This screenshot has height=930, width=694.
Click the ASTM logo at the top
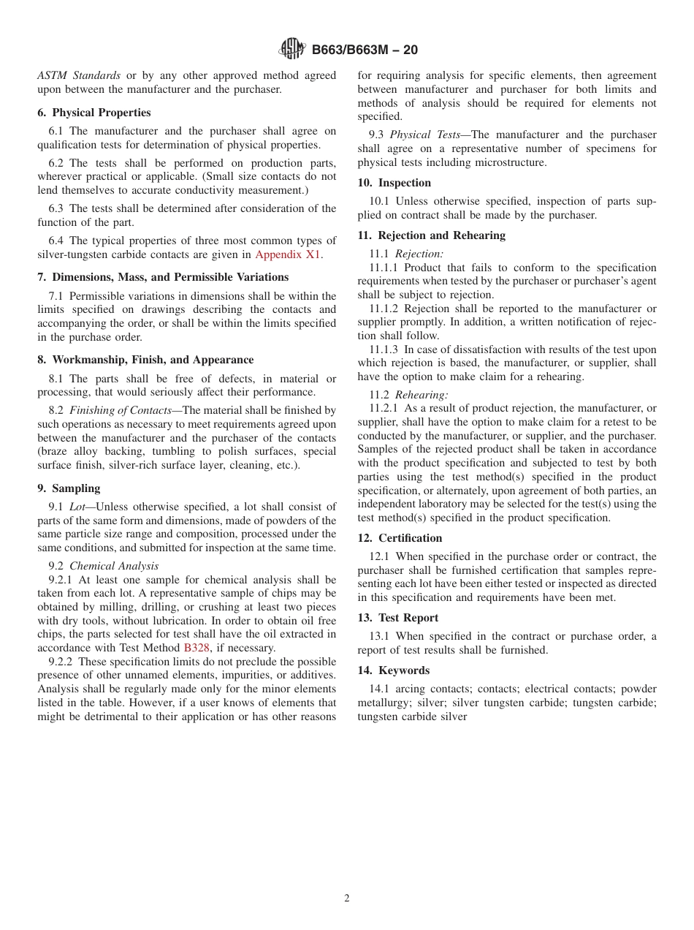point(293,50)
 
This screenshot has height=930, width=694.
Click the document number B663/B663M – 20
point(365,50)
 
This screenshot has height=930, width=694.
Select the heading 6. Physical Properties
point(94,113)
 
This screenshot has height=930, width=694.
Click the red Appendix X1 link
point(288,254)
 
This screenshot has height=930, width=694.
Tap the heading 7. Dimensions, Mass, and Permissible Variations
point(163,277)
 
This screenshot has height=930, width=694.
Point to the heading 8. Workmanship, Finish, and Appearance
point(145,360)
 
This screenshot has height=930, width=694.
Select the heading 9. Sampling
point(69,488)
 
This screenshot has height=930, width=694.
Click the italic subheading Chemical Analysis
point(114,566)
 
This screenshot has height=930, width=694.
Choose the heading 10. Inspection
point(394,183)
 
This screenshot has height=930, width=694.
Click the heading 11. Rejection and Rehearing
point(431,235)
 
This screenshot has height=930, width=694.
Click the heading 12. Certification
point(400,538)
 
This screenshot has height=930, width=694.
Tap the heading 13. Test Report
point(397,618)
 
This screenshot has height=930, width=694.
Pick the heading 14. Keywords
point(393,670)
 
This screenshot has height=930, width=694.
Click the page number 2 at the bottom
point(347,899)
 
